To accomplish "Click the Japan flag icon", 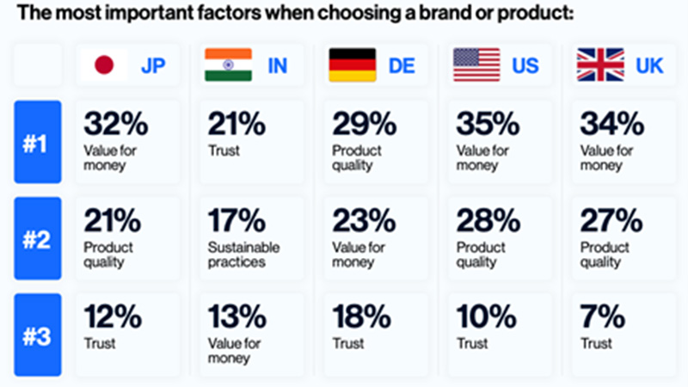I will tap(104, 64).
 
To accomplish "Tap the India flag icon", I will tap(228, 64).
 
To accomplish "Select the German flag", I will tap(352, 64).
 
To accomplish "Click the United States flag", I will tap(476, 64).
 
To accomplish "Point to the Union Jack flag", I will tap(600, 64).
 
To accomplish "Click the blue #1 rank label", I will tap(38, 141).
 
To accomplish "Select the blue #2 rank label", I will tap(38, 238).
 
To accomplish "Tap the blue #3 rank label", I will tap(38, 335).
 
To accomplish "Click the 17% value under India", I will tap(234, 222).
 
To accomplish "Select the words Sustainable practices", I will tap(236, 255).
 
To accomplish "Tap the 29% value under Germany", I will tap(360, 125).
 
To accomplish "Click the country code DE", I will tap(402, 66).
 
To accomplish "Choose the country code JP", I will tap(152, 66).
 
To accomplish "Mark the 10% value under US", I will tap(483, 318).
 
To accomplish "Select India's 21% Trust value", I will tap(234, 125).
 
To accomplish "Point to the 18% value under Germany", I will tap(359, 318).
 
